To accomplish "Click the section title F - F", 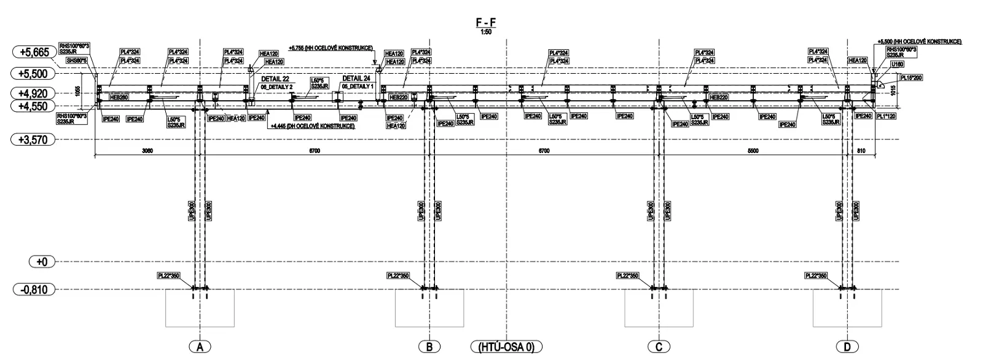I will point(486,23).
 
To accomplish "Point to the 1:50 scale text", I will point(486,31).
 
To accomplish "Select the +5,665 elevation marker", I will point(34,53).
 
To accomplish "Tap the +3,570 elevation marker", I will point(34,140).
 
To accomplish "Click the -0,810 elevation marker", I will point(34,289).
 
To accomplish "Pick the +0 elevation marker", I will point(42,262).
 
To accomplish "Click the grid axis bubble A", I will point(199,347).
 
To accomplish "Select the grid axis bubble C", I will point(659,347).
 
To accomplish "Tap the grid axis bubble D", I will point(847,347).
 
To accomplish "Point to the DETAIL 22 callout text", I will point(275,79).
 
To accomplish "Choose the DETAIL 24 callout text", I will point(356,79).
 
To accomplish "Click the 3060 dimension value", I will point(147,151).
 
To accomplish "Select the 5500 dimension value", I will point(753,151).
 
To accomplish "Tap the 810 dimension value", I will point(860,151).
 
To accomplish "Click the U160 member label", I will point(897,64).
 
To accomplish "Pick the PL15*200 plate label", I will point(911,77).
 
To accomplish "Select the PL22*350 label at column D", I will point(816,276).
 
